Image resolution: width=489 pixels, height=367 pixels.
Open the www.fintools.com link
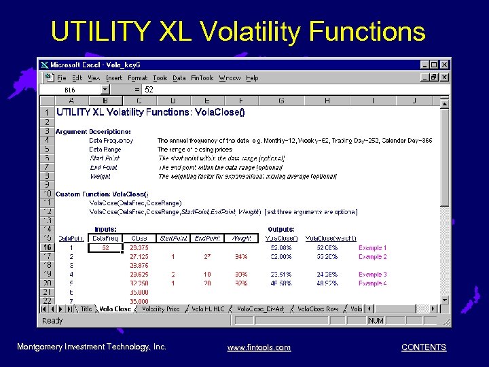[259, 347]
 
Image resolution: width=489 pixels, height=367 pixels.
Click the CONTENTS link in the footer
[424, 347]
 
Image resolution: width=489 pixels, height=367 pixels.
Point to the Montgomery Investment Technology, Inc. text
[91, 347]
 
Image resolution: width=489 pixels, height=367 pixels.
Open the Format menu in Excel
[138, 78]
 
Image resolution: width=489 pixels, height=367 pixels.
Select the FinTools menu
[202, 78]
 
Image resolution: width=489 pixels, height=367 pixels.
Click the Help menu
[252, 78]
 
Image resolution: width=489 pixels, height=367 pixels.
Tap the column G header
[281, 101]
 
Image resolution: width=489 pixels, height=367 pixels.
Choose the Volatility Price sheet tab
[160, 309]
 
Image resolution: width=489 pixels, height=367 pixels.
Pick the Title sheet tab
[86, 309]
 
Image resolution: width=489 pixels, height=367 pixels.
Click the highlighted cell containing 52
[105, 248]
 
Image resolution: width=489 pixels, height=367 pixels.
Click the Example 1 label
[372, 248]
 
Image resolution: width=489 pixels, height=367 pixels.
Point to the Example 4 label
[372, 283]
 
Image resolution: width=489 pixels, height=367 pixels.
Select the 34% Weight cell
[240, 257]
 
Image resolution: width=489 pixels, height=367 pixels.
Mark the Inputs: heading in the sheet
[105, 230]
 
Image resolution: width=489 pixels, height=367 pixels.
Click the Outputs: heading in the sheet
[281, 230]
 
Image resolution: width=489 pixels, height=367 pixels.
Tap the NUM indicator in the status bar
[376, 320]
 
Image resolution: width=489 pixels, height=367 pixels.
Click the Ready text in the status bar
[52, 320]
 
